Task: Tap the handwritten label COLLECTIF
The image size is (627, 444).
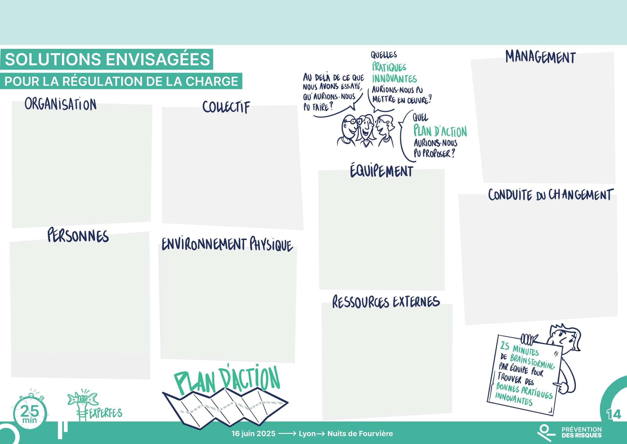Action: [226, 107]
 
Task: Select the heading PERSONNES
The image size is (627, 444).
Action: [78, 236]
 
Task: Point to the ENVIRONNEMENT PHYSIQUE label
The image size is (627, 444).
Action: [227, 245]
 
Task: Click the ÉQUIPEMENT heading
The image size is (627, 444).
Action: [382, 171]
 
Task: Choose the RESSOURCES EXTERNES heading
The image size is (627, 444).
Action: [386, 302]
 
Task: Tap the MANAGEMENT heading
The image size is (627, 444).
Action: [541, 58]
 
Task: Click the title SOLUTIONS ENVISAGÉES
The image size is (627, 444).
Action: [107, 59]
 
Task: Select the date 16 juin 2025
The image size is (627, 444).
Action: [253, 434]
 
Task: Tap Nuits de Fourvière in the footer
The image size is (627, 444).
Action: [360, 434]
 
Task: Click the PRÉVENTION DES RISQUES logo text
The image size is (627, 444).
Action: [581, 432]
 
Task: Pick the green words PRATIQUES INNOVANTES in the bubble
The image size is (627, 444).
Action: [394, 73]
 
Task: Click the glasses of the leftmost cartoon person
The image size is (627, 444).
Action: [350, 120]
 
